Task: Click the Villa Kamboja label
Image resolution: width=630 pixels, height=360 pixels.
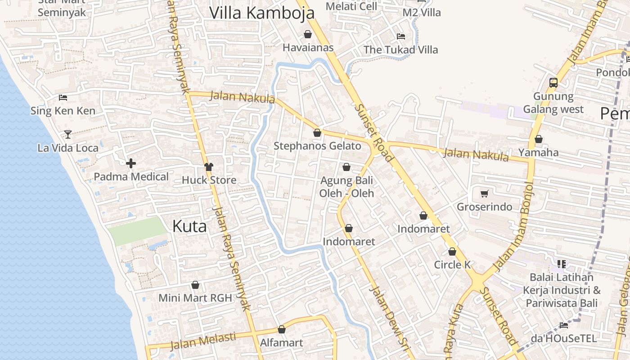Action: point(261,13)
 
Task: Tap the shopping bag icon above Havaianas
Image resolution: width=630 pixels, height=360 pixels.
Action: point(308,34)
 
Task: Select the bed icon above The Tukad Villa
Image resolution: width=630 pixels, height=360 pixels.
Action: point(401,36)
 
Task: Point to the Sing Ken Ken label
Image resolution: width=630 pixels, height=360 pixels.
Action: point(63,111)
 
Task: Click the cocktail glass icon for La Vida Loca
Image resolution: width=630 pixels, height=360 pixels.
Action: point(67,134)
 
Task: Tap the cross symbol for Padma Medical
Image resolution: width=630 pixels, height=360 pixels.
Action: point(131,163)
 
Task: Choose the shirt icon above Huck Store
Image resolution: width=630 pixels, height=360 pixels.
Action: point(208,167)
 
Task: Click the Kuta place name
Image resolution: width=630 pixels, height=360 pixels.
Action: point(189,226)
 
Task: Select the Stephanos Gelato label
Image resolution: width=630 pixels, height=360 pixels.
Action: point(317,146)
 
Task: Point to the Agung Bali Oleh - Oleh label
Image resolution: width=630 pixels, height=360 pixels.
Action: point(346,187)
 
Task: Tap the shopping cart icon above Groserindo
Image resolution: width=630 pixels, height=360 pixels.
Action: point(484,193)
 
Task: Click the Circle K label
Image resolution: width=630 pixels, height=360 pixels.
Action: point(452,265)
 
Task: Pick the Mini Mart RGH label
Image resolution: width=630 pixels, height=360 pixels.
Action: point(195,297)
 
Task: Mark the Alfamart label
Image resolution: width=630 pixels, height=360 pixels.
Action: point(282,342)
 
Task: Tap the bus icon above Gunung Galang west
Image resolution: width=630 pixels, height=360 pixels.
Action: point(553,83)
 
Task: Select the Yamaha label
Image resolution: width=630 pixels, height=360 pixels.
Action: point(538,153)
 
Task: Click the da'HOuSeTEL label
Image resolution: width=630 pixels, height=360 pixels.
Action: point(563,338)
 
